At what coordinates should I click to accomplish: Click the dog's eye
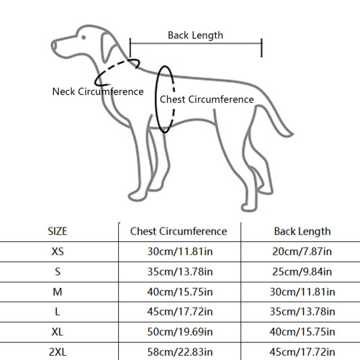[x=84, y=37]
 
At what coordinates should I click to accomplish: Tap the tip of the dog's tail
[x=293, y=134]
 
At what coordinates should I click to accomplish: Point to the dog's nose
[x=53, y=45]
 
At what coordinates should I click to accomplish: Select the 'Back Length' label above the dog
[x=195, y=35]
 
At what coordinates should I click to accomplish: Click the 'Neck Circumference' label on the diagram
[x=98, y=91]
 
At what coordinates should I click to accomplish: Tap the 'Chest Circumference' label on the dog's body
[x=207, y=99]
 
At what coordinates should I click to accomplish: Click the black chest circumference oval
[x=156, y=99]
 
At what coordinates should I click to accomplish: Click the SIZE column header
[x=58, y=231]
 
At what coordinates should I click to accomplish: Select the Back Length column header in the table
[x=302, y=232]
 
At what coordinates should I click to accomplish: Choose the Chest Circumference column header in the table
[x=179, y=231]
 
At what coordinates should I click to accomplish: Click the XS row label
[x=58, y=251]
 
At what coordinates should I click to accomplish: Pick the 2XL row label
[x=58, y=352]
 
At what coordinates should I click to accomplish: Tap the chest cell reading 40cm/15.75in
[x=180, y=292]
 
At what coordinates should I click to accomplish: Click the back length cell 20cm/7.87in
[x=302, y=251]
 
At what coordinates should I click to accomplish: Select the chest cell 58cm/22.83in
[x=180, y=352]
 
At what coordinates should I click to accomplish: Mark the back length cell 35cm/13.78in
[x=302, y=312]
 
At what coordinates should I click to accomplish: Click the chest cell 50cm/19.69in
[x=180, y=332]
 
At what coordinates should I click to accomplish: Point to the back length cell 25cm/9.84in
[x=302, y=271]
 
